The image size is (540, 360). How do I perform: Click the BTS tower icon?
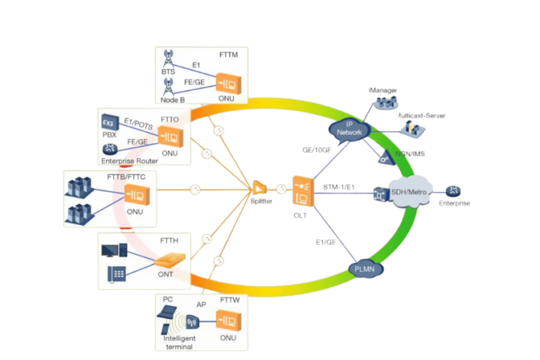click(x=169, y=57)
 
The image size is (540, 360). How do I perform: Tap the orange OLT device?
click(x=303, y=191)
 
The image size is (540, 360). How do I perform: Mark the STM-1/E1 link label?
click(x=339, y=187)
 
